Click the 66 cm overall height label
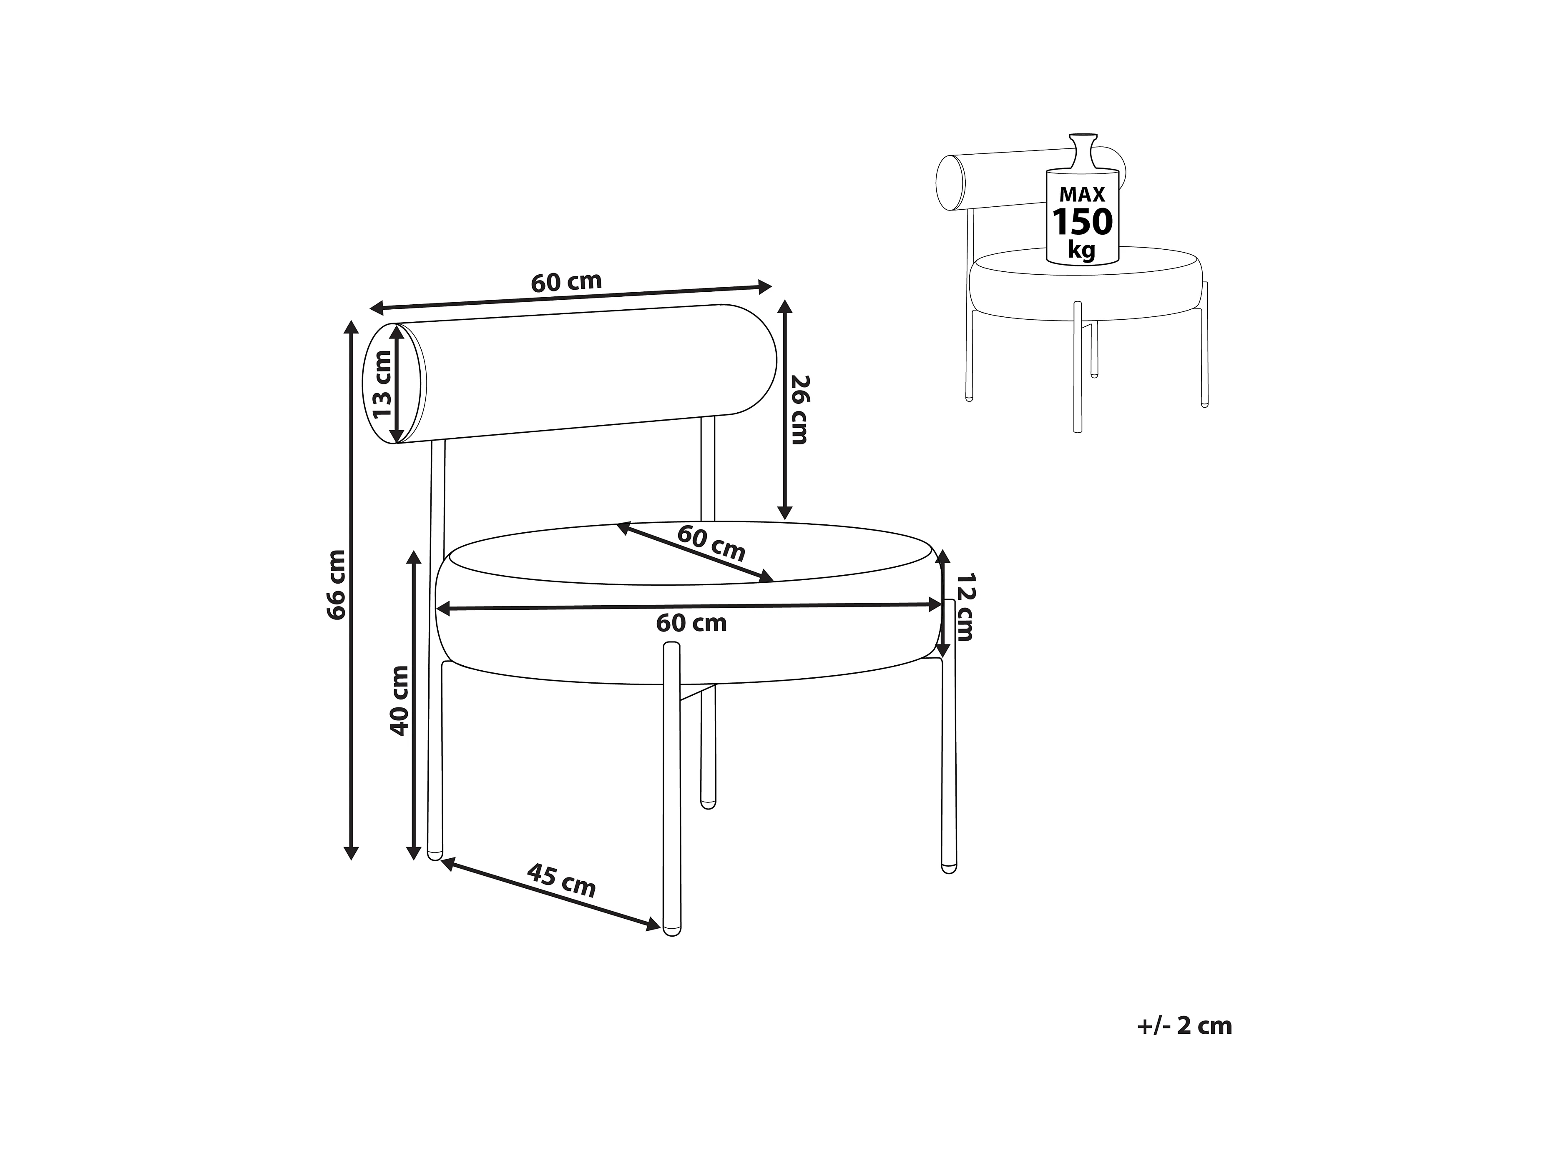tap(337, 584)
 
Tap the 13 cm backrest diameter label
tap(382, 384)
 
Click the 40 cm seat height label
tap(400, 701)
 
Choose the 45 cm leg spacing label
tap(561, 881)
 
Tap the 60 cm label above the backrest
tap(566, 282)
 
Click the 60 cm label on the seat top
tap(711, 543)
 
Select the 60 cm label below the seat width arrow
tap(691, 623)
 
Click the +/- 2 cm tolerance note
tap(1185, 1026)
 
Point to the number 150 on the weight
tap(1082, 222)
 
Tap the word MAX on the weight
tap(1083, 194)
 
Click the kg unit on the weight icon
tap(1082, 250)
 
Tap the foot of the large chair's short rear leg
tap(708, 802)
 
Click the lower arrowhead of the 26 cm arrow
tap(785, 513)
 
